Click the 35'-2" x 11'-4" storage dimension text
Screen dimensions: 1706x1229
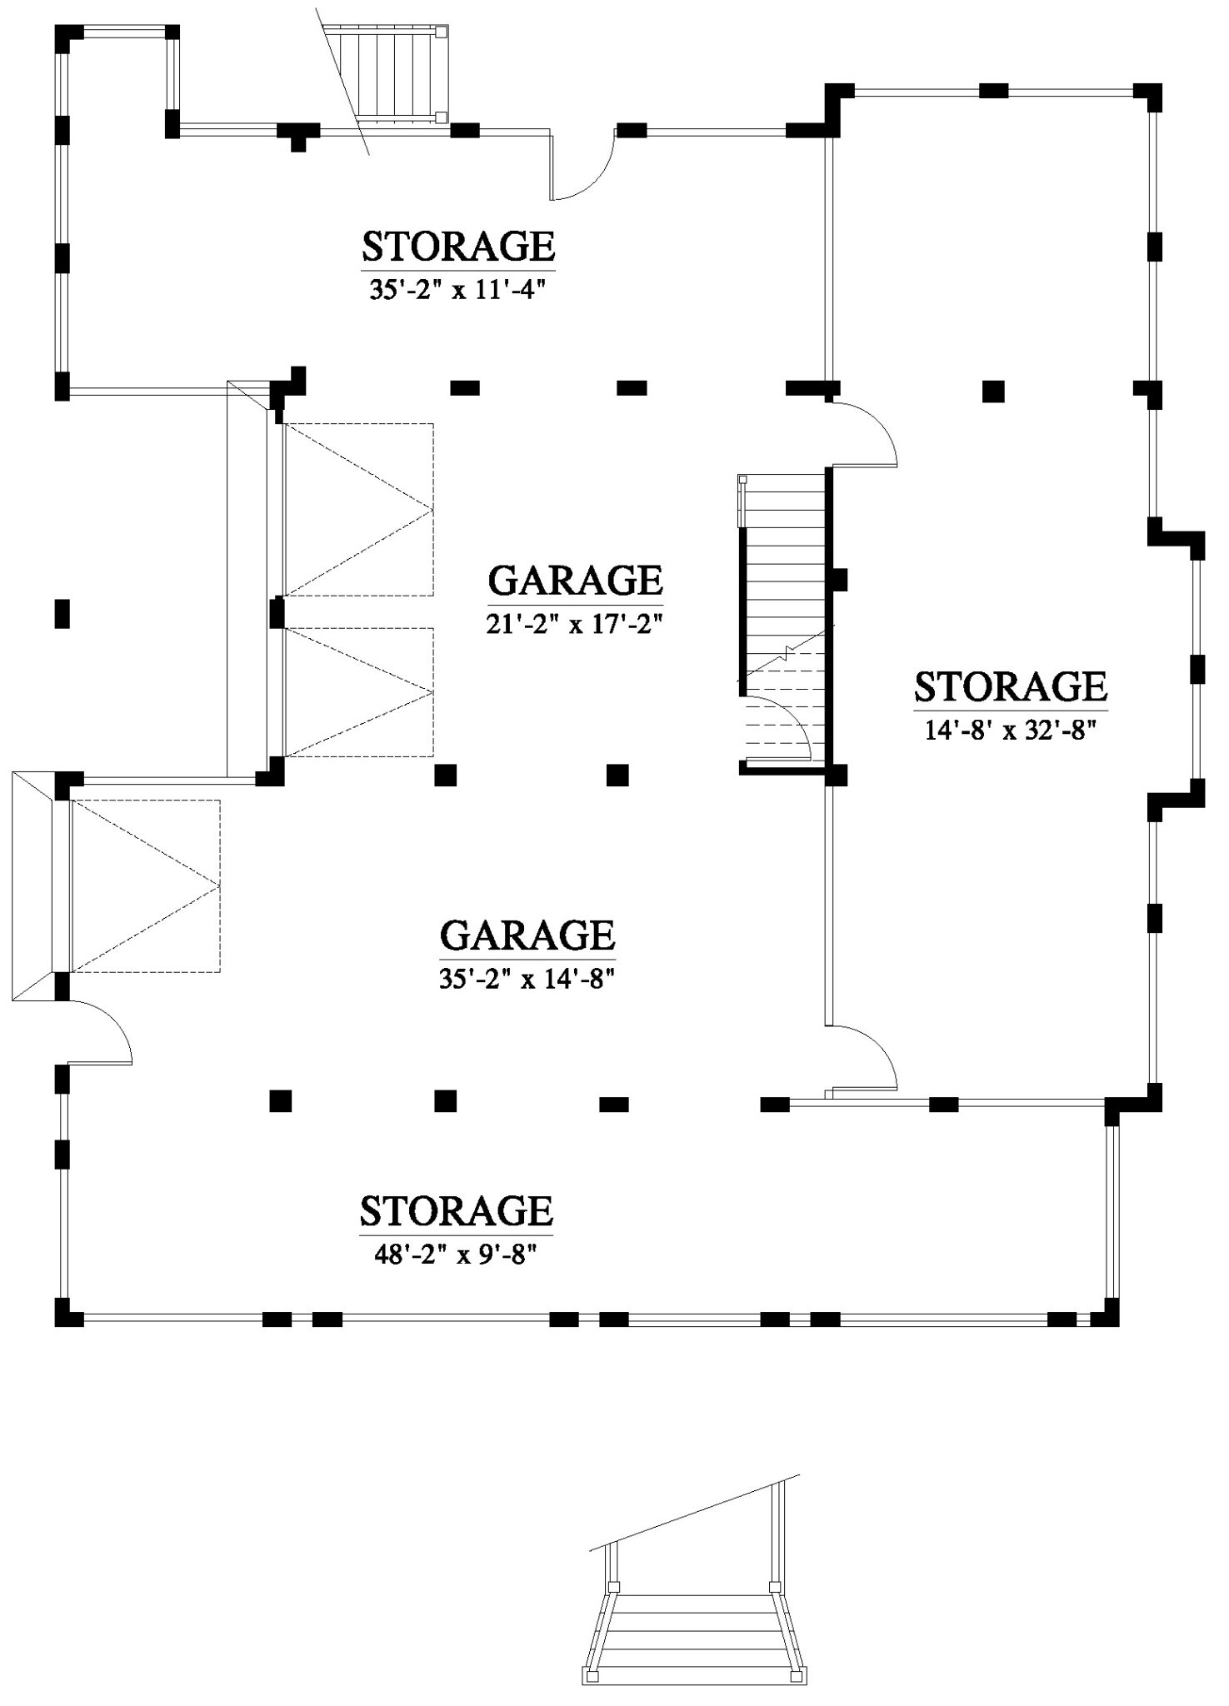457,290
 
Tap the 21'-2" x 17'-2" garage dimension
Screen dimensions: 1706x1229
574,624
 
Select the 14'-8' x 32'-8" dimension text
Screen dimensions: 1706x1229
1009,731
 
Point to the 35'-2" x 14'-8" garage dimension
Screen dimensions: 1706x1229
527,980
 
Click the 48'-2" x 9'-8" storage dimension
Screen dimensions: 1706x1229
455,1255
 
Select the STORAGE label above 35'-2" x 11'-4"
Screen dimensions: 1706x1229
457,247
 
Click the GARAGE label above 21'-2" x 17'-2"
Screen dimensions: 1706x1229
575,580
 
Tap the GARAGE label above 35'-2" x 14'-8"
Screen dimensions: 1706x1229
527,935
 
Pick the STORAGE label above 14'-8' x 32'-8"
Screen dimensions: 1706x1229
1010,686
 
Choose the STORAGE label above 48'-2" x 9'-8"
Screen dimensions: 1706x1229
456,1210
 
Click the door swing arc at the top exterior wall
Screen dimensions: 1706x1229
583,167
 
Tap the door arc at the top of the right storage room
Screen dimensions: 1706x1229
863,433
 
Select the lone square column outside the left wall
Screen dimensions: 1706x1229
62,614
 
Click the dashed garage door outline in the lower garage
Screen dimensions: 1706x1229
146,885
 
